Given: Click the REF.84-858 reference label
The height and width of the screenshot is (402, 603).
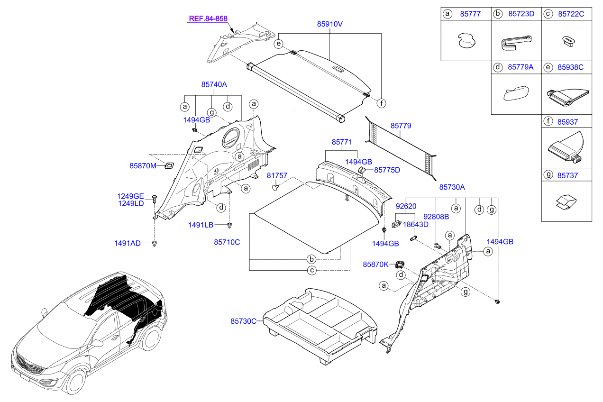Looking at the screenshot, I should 208,19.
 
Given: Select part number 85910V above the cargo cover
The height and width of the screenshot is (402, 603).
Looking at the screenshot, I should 330,23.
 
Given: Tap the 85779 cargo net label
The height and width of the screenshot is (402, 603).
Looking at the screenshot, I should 401,126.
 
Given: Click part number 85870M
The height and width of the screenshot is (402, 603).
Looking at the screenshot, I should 143,166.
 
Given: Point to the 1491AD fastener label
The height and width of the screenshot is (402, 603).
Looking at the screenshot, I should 127,243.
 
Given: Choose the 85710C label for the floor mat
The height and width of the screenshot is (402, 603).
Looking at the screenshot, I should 227,242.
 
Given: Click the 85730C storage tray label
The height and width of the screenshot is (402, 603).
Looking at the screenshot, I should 244,321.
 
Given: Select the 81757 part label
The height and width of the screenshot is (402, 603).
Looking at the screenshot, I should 277,175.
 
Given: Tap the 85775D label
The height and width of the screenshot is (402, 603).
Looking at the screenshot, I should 387,169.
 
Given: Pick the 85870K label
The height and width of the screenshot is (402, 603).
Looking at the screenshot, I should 376,264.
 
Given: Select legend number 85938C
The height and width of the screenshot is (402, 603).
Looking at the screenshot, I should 571,67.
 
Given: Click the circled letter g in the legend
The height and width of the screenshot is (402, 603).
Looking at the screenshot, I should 549,175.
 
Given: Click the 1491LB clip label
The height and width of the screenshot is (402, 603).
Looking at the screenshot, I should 201,225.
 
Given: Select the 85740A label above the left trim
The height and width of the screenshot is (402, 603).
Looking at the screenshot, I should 214,84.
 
